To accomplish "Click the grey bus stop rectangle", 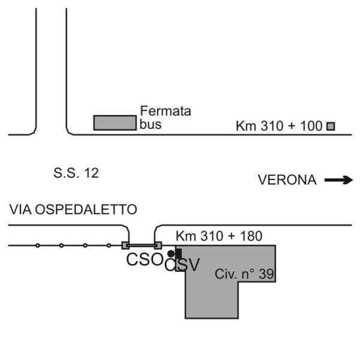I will click(115, 122).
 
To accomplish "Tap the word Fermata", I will click(157, 112).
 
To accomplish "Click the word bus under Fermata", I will click(151, 125).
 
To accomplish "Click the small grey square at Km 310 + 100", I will click(331, 126).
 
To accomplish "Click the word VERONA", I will click(287, 180).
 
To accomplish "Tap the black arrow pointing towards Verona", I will click(338, 179).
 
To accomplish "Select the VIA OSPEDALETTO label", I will click(73, 209).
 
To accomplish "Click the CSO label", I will click(144, 260).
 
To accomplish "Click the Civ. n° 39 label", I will click(244, 275).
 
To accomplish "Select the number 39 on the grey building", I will click(267, 275).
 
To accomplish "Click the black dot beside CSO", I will click(170, 254).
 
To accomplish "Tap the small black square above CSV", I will click(178, 253).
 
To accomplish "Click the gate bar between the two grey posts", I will click(142, 245).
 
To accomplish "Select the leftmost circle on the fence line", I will click(37, 245).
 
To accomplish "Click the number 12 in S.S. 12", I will click(91, 174).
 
